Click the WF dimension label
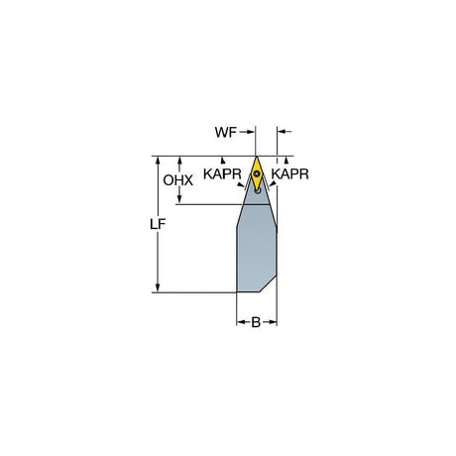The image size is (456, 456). click(x=226, y=132)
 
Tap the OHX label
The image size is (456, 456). click(x=178, y=180)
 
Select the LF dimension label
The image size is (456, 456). click(x=158, y=224)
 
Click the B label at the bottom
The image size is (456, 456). click(x=256, y=322)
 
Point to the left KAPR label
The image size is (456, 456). click(x=222, y=173)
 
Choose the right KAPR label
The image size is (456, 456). click(x=290, y=173)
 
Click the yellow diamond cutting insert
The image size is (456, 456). click(x=257, y=173)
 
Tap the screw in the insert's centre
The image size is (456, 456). click(x=257, y=173)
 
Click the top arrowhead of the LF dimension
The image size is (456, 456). click(x=158, y=161)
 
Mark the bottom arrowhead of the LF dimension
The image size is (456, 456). click(x=158, y=288)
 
